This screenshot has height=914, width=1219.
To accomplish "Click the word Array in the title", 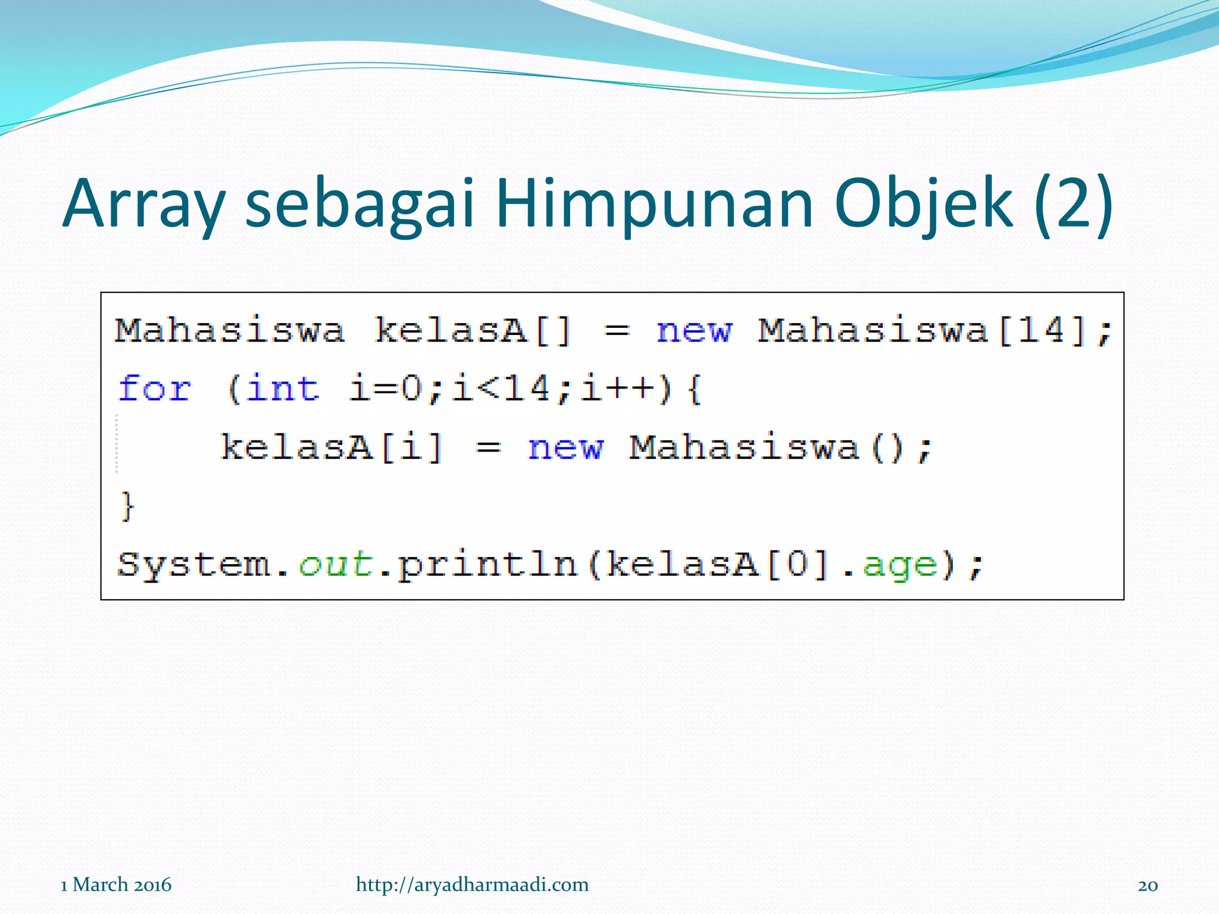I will (x=143, y=204).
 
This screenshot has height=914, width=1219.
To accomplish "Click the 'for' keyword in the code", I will (x=155, y=389).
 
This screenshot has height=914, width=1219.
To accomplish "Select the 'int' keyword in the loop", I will (x=283, y=389).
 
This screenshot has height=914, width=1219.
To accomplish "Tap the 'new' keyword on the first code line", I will (x=694, y=330).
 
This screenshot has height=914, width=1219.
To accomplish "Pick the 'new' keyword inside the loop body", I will (x=565, y=447).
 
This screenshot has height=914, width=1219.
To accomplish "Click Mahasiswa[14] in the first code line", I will (x=923, y=330).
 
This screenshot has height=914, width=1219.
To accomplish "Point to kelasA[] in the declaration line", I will (x=473, y=330).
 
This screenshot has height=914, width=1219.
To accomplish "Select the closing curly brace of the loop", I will (x=127, y=506).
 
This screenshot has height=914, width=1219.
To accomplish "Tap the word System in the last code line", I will (x=193, y=564).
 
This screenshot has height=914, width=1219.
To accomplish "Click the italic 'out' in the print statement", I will (x=336, y=564).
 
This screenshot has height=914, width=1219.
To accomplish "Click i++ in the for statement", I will (x=619, y=389).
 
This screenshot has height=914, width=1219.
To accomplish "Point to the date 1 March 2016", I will (x=116, y=885).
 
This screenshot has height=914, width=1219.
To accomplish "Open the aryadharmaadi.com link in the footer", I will (x=472, y=885).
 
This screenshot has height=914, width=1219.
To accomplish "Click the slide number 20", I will (x=1148, y=885).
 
